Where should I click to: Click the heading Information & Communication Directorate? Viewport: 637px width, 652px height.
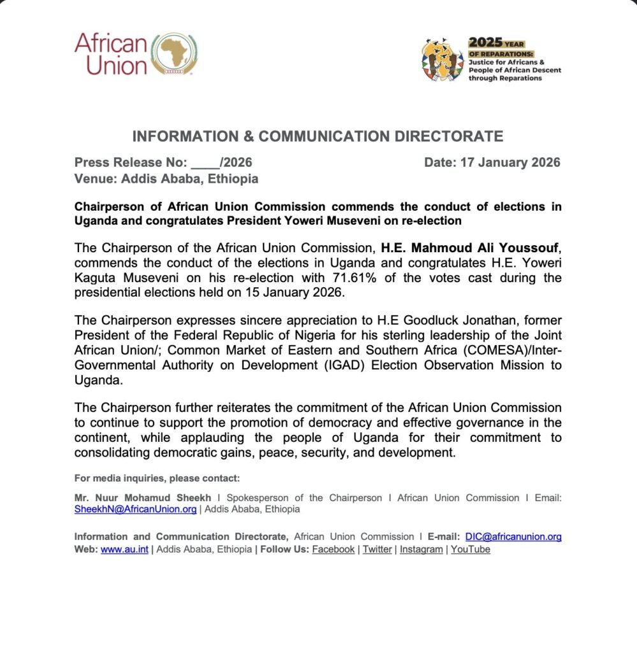318,136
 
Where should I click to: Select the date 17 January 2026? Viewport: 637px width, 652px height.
510,162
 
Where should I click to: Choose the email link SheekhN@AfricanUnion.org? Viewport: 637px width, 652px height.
135,509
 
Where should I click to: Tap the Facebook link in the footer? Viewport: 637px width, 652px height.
333,549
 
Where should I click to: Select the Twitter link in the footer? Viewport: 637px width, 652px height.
377,549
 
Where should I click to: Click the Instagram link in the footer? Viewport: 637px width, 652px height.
421,549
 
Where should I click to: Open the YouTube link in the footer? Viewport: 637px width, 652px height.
470,549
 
